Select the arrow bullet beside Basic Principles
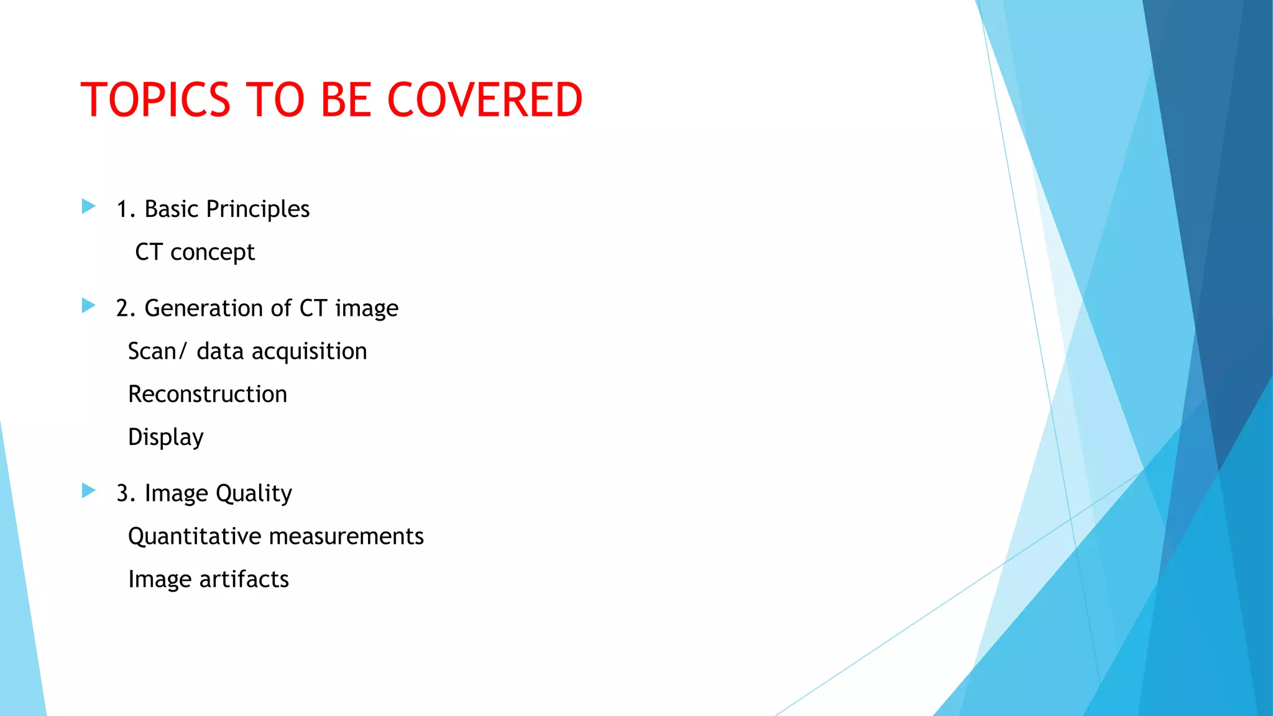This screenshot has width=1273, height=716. [88, 206]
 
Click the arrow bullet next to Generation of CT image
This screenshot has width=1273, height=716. [88, 305]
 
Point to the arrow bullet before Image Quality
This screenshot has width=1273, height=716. [88, 490]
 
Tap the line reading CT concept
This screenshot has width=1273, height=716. [195, 252]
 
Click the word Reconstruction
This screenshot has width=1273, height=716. [208, 394]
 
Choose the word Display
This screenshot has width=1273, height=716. [165, 438]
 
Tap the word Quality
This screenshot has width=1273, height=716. [254, 493]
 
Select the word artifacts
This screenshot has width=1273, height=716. [244, 579]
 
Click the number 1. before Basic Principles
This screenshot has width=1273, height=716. [126, 209]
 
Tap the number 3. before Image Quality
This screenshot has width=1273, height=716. [126, 493]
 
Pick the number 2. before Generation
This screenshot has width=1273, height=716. [126, 308]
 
